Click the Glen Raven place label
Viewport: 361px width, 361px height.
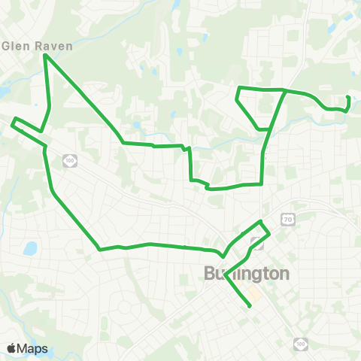tap(38, 45)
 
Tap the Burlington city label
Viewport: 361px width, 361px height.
tap(246, 274)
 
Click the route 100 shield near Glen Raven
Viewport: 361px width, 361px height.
tap(70, 160)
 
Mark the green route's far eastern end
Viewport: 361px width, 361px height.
tap(348, 98)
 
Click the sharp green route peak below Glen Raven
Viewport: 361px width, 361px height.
tap(46, 55)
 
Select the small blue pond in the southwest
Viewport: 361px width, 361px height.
tap(30, 248)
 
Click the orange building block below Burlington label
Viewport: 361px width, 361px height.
tap(256, 294)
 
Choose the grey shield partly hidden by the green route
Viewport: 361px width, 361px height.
tap(257, 243)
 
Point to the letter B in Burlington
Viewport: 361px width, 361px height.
tap(210, 274)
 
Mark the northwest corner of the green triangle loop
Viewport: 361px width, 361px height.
tap(238, 89)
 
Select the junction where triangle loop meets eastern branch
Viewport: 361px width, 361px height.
tap(284, 90)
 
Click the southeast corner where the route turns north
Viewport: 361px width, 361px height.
tap(261, 183)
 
